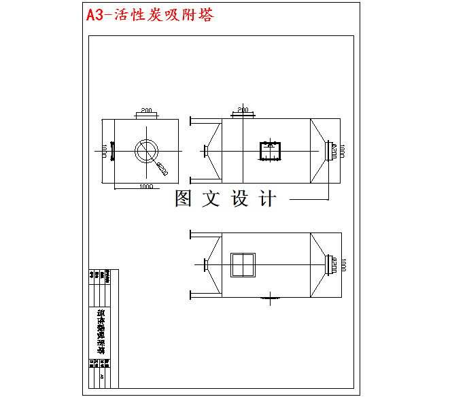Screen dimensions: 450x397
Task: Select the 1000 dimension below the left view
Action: click(145, 186)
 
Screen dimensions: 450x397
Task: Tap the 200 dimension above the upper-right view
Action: click(243, 109)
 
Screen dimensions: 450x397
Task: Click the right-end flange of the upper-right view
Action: click(330, 150)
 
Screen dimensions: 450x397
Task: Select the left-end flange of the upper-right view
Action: click(205, 151)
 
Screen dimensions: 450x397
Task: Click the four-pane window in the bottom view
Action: click(243, 264)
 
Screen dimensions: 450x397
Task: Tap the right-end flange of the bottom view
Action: click(330, 264)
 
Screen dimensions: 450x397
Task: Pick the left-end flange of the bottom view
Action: click(205, 264)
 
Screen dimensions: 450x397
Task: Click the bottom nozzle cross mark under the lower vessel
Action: click(271, 297)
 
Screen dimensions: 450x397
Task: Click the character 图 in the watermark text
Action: click(183, 198)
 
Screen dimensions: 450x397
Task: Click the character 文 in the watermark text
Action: click(211, 198)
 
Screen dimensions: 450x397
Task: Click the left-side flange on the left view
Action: click(112, 150)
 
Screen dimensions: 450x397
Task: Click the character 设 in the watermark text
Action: click(241, 198)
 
